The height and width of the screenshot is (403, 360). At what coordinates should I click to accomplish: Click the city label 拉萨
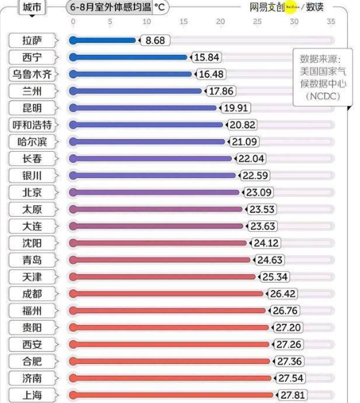(33, 40)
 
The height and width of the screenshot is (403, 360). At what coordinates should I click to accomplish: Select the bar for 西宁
(128, 57)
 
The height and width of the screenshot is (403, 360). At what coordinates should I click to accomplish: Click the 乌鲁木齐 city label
(33, 74)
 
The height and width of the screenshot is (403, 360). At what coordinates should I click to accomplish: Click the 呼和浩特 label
(33, 125)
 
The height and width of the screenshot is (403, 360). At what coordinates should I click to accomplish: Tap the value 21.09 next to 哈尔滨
(242, 142)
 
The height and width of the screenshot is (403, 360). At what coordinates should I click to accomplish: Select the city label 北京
(33, 192)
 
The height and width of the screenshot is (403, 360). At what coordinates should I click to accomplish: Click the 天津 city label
(33, 276)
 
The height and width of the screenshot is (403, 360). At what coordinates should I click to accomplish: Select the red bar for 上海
(171, 395)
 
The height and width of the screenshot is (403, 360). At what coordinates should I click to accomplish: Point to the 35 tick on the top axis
(331, 22)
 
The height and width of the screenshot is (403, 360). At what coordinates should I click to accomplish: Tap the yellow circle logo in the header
(290, 7)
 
